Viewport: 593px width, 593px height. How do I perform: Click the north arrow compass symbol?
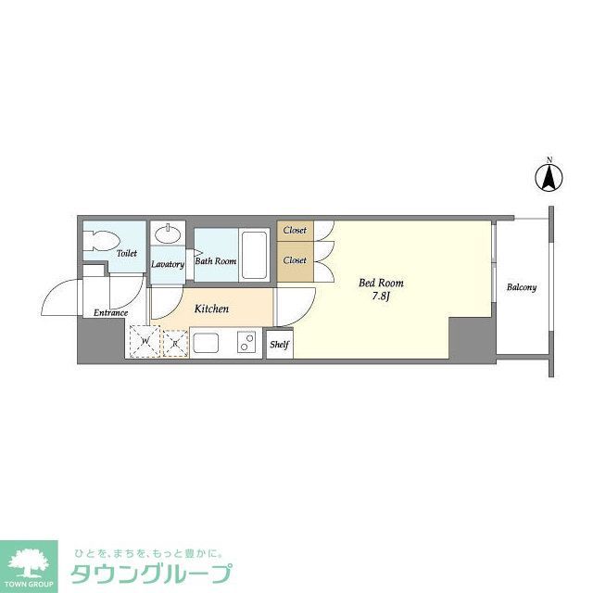(548, 176)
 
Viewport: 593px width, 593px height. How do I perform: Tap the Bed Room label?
(381, 283)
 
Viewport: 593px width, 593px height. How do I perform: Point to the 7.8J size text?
(381, 296)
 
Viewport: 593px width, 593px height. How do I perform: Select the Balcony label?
(521, 287)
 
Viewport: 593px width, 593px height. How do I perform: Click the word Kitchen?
(211, 309)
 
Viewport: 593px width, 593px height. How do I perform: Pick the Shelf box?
(279, 345)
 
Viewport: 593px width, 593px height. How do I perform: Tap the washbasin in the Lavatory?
(169, 233)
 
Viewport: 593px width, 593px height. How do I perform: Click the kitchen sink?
(206, 343)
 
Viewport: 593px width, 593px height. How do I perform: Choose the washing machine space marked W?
(145, 342)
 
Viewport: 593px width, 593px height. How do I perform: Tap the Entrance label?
(110, 312)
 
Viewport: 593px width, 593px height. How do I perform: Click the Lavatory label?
(168, 263)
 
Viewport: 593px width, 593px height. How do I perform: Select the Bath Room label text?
(216, 261)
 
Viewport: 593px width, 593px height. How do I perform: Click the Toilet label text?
(127, 252)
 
